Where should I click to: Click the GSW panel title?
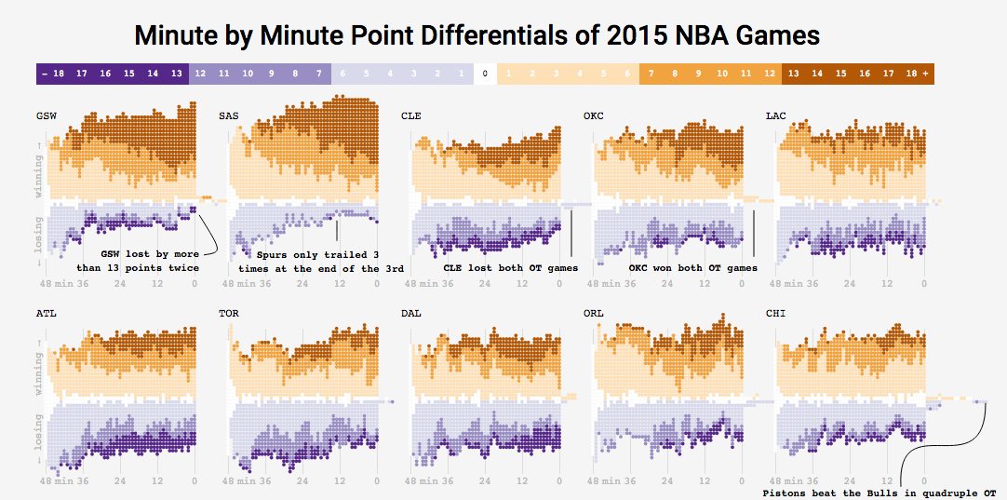[46, 116]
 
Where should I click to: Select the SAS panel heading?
[228, 116]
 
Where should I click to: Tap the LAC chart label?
[775, 116]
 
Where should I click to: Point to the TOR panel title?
[228, 314]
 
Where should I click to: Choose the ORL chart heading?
[593, 314]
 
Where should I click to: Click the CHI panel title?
[775, 314]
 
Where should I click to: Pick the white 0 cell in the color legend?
[484, 73]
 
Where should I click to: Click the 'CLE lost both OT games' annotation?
[510, 268]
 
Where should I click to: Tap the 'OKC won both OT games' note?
[692, 268]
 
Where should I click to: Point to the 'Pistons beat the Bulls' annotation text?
[879, 493]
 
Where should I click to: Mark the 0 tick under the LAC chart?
[924, 284]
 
